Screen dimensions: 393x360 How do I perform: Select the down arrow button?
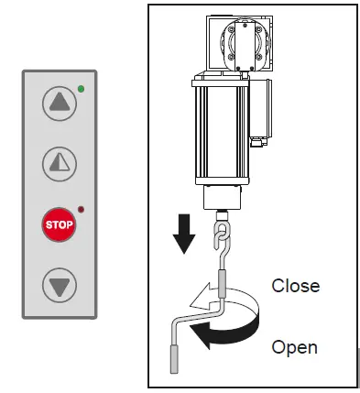click(x=60, y=285)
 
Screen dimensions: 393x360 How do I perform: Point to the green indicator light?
click(x=81, y=89)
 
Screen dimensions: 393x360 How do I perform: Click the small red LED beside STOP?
click(x=81, y=209)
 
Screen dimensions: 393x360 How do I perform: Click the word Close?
click(x=295, y=286)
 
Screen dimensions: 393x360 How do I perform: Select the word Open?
click(x=295, y=347)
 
